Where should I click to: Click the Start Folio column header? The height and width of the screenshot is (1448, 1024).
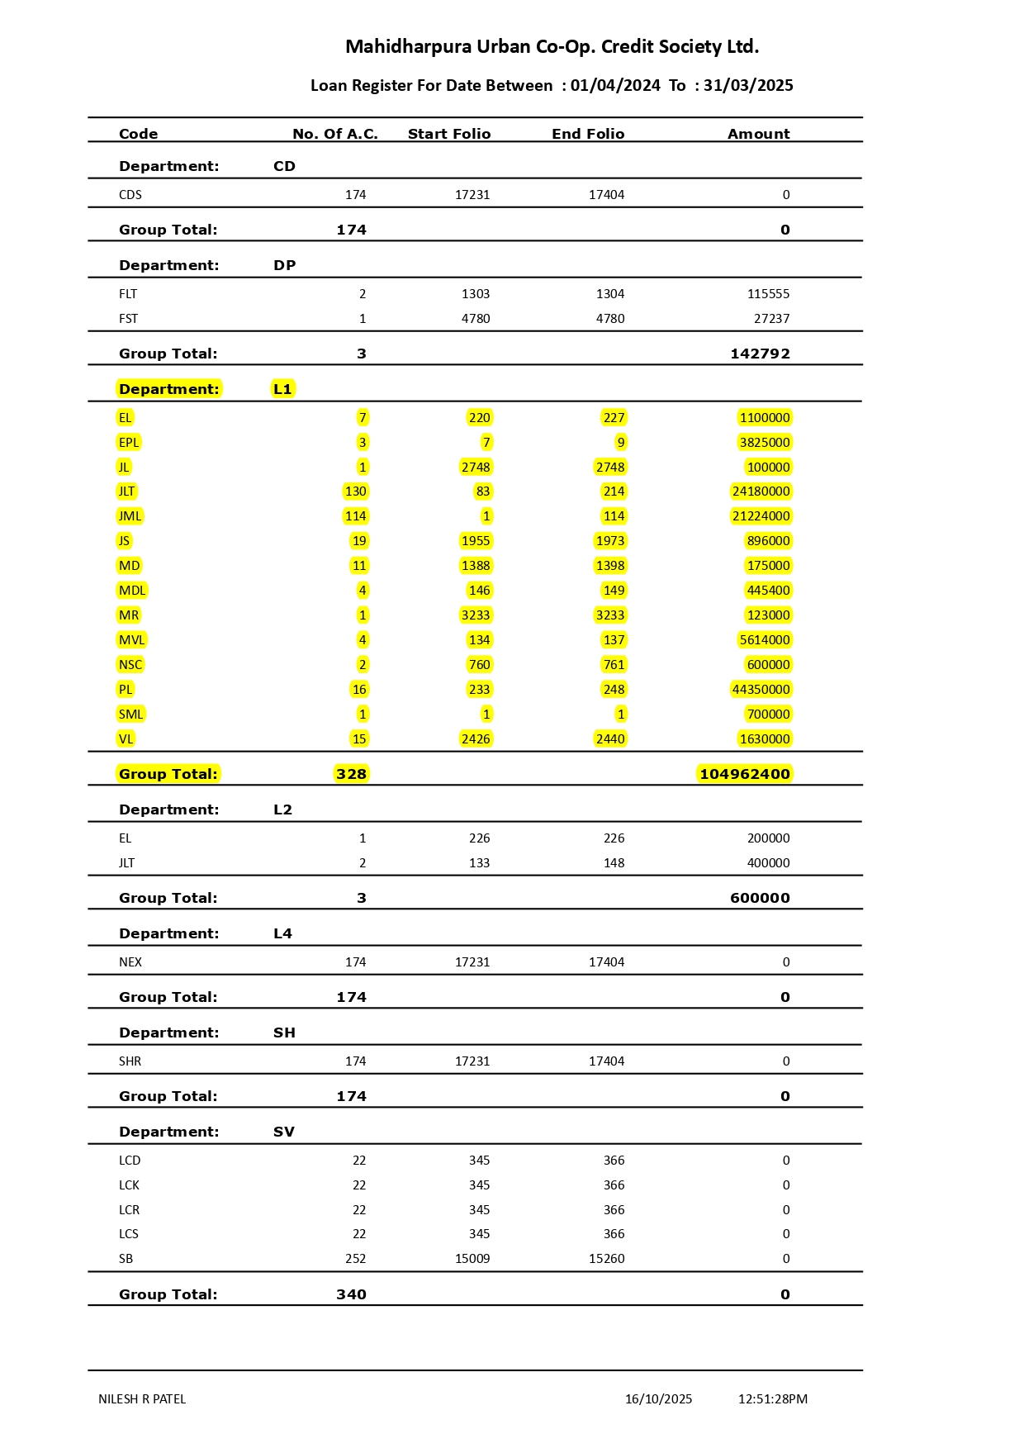click(449, 134)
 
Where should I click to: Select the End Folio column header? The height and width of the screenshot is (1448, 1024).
click(588, 134)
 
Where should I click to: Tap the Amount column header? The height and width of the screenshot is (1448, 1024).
click(758, 134)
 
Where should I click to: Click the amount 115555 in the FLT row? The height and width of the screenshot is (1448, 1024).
click(768, 294)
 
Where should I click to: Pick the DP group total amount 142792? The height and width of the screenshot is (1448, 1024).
click(760, 354)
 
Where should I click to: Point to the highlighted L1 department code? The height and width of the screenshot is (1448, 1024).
click(282, 389)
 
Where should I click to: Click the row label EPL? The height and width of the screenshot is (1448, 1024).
click(129, 443)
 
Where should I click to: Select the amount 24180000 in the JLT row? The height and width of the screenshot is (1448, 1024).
click(761, 491)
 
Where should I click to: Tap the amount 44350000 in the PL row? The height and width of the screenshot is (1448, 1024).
click(761, 690)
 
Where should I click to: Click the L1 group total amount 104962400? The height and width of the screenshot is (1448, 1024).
click(744, 774)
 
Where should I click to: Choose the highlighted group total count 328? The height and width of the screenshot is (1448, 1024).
click(351, 774)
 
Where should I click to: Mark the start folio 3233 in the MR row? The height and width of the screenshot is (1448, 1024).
click(476, 615)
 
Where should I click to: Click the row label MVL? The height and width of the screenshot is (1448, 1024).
click(131, 640)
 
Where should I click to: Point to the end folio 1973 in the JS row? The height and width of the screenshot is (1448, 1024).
click(610, 541)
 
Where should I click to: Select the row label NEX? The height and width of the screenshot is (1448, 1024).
click(130, 962)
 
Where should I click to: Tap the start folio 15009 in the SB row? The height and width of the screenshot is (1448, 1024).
click(472, 1259)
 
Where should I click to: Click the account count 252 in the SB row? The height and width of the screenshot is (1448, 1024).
click(355, 1259)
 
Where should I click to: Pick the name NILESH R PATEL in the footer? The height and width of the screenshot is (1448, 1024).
click(142, 1399)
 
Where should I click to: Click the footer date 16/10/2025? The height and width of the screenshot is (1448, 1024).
click(658, 1399)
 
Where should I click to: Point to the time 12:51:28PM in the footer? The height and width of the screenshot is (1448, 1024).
click(772, 1399)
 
